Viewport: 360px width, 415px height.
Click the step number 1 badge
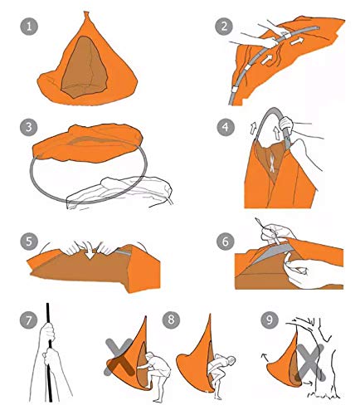(29, 27)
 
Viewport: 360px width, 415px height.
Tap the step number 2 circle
(224, 27)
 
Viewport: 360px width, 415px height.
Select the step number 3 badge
(29, 127)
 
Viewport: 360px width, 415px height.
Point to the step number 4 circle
(226, 127)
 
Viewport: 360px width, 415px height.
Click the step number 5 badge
(29, 242)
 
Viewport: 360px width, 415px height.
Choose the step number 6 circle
(226, 242)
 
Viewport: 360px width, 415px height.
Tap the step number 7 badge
(29, 320)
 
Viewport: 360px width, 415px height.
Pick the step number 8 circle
(171, 320)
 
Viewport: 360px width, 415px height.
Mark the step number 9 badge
(270, 320)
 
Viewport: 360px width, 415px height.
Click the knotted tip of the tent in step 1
(86, 13)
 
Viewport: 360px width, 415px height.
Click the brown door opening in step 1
(84, 67)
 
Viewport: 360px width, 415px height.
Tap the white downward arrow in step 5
(90, 251)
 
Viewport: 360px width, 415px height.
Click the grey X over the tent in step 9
(311, 362)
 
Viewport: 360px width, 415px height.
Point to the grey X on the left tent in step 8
(119, 357)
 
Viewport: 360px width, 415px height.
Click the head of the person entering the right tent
(231, 360)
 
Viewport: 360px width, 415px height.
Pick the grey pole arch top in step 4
(272, 110)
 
